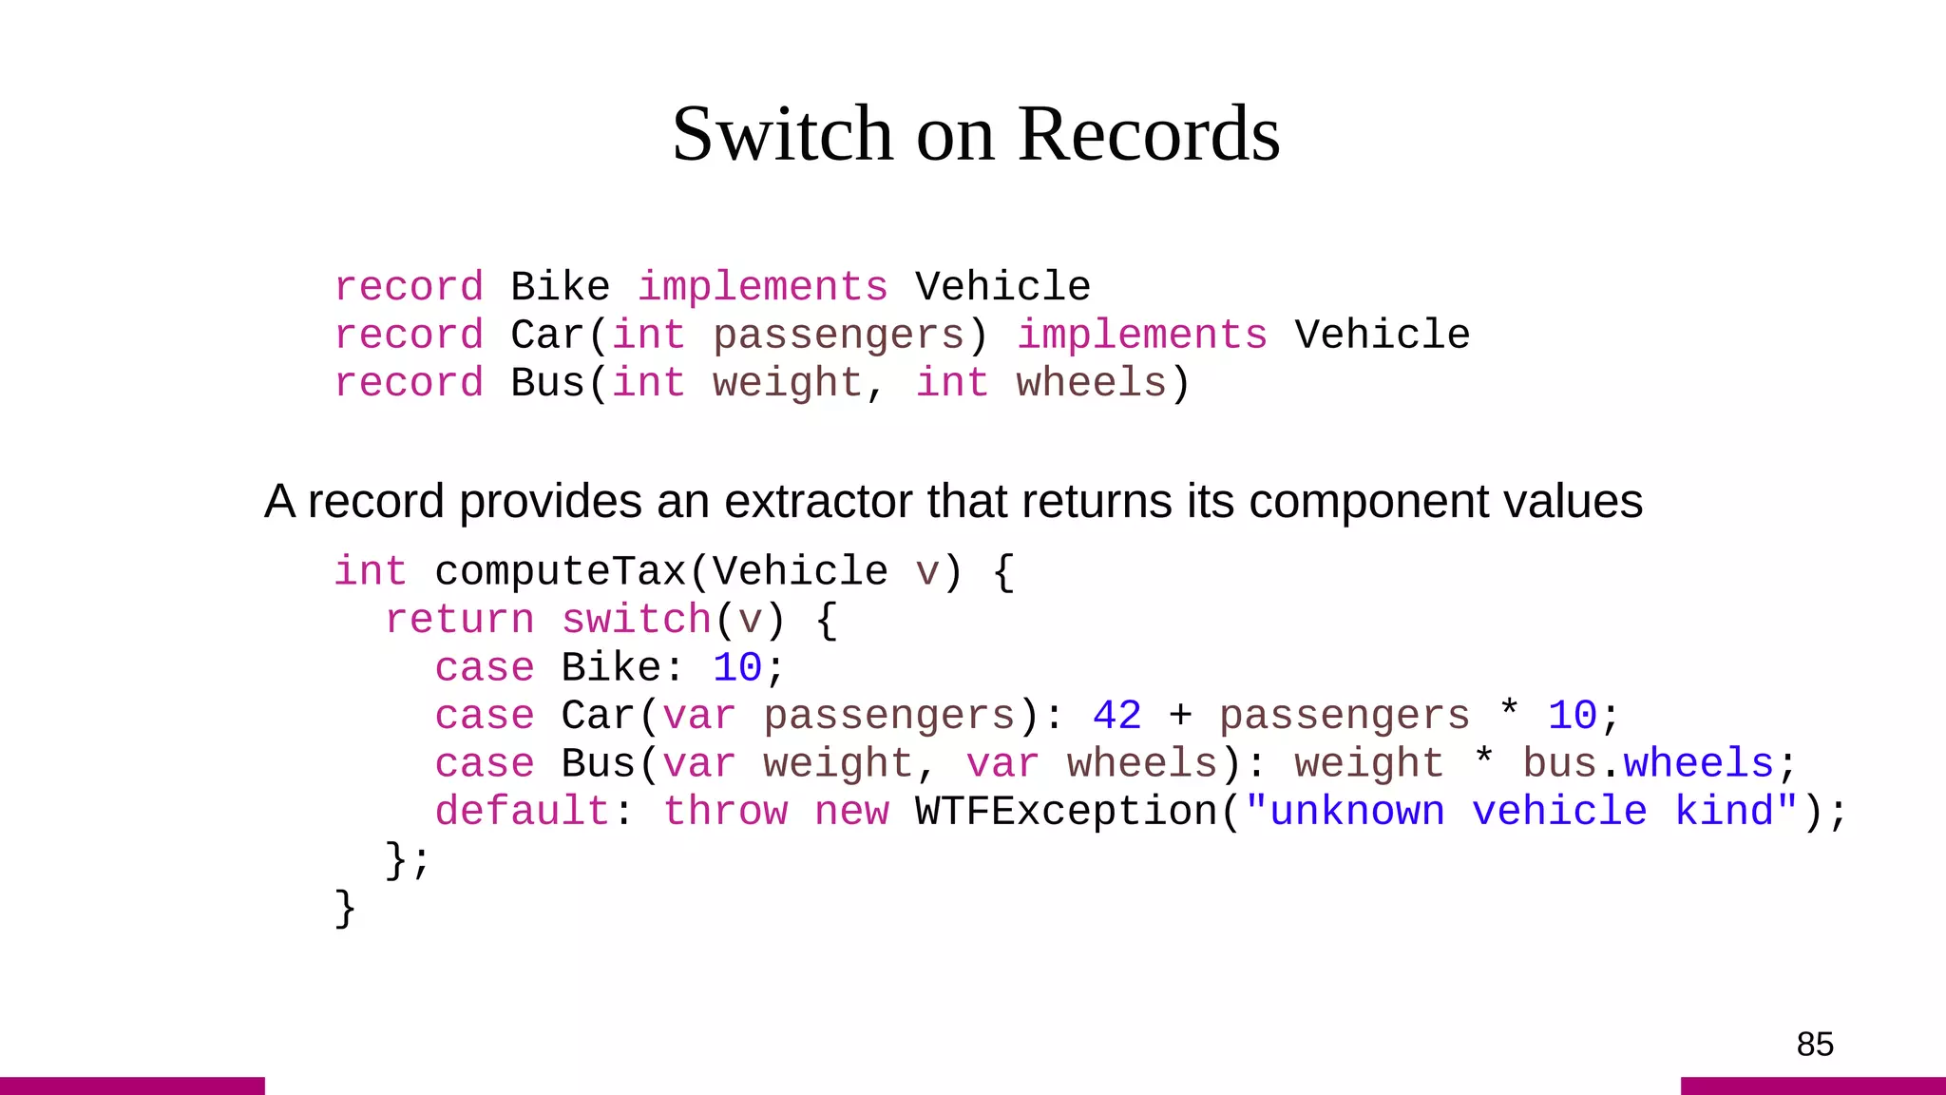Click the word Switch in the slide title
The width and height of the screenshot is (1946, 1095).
(x=782, y=134)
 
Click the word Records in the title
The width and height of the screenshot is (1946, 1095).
(x=1149, y=134)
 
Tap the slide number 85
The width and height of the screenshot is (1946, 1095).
(x=1814, y=1045)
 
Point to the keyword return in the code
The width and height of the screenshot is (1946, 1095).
(x=460, y=621)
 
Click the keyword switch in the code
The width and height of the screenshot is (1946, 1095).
(x=637, y=621)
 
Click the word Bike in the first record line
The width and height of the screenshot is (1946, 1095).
(x=560, y=287)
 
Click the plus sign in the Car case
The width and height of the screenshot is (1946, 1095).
(x=1180, y=716)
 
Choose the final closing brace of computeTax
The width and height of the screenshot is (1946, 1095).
(x=345, y=909)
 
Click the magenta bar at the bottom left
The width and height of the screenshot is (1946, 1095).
(x=132, y=1085)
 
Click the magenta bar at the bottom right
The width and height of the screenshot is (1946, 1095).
(x=1813, y=1085)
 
